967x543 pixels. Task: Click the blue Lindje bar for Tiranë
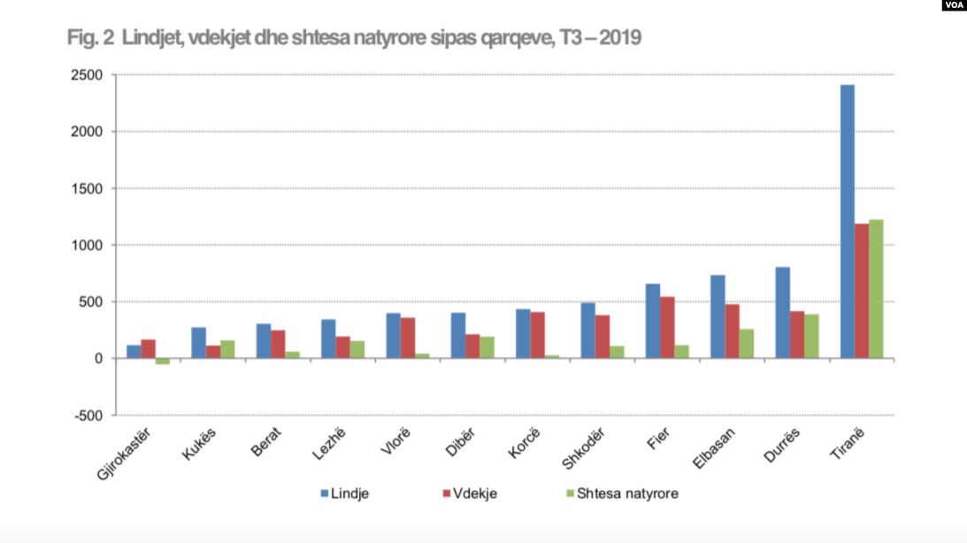click(847, 221)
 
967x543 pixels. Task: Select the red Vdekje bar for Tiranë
click(862, 291)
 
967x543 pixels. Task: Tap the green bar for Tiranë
click(876, 289)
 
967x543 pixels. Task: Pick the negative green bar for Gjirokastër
click(162, 361)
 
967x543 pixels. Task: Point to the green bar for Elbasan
click(746, 343)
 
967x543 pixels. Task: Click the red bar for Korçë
click(538, 335)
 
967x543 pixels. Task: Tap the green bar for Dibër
click(487, 348)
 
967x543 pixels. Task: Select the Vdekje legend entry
click(469, 493)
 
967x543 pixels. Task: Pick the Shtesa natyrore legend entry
click(620, 493)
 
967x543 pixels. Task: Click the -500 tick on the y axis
click(88, 416)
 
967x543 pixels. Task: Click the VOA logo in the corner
click(952, 5)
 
